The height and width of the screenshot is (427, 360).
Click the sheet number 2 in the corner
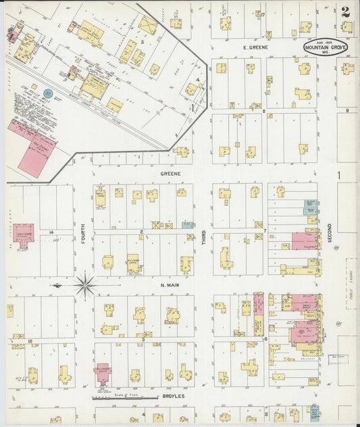[345, 11]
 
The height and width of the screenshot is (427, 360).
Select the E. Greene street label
[256, 48]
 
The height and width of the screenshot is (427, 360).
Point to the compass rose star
[84, 286]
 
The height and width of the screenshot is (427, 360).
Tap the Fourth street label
[84, 238]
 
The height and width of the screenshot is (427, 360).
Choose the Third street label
[204, 236]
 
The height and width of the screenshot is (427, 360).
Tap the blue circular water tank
[48, 93]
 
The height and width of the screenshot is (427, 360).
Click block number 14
[51, 232]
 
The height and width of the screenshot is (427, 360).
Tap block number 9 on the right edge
[347, 111]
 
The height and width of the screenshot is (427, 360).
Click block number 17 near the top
[262, 14]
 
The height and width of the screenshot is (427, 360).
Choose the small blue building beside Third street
[188, 225]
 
